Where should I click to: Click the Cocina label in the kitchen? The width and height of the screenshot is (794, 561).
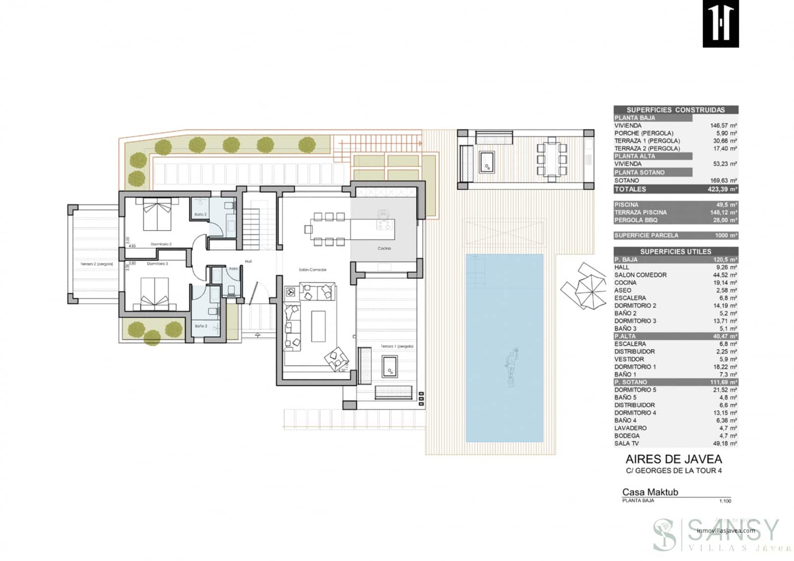tap(384, 248)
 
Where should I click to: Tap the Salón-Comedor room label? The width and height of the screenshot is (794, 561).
tap(313, 270)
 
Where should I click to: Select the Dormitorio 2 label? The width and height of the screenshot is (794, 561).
tap(161, 244)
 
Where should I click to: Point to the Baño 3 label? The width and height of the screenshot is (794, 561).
tap(201, 326)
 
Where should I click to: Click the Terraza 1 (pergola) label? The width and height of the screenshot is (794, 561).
tap(397, 346)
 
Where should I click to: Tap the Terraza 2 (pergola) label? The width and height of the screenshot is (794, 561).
tap(97, 264)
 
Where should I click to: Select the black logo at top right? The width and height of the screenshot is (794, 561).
tap(721, 24)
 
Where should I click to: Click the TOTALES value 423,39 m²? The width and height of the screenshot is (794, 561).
tap(722, 189)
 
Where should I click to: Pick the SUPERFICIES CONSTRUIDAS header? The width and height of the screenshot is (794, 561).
tap(675, 110)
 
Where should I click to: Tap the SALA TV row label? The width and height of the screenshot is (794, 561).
tap(626, 443)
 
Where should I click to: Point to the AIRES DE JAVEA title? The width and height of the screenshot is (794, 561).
tap(673, 459)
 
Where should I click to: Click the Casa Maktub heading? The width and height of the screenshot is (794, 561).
tap(650, 492)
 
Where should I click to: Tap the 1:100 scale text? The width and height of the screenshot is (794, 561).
tap(725, 501)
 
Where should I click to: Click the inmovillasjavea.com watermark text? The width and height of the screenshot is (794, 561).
tap(726, 530)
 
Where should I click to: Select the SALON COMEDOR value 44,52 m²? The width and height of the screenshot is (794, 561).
tap(725, 275)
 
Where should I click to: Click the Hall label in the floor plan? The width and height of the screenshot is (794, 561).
tap(248, 261)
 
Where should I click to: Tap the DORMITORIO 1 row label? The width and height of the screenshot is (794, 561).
tap(635, 367)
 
